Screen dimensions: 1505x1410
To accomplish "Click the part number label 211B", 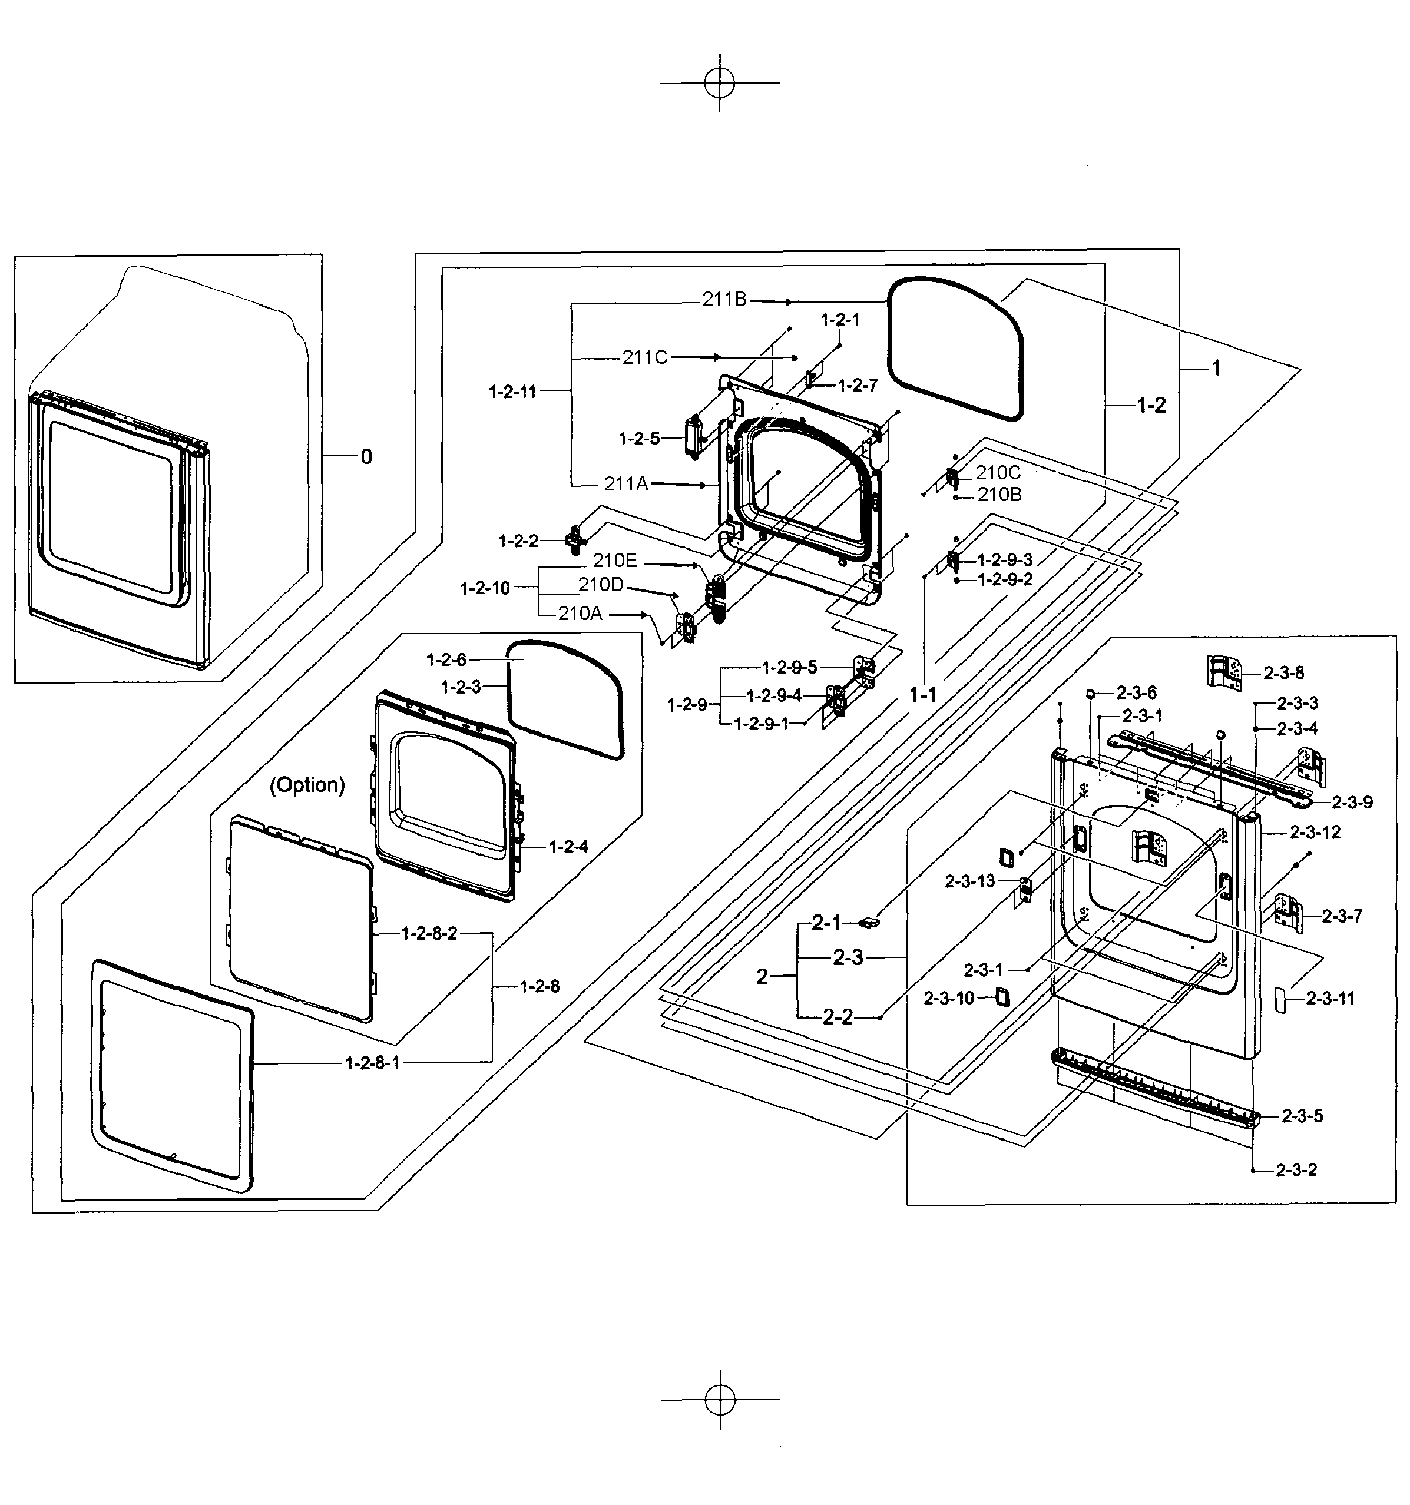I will pyautogui.click(x=724, y=299).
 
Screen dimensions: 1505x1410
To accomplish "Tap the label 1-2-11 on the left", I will pyautogui.click(x=512, y=392).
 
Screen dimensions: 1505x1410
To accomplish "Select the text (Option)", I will pyautogui.click(x=307, y=784).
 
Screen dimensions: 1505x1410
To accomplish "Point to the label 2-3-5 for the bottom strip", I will pyautogui.click(x=1302, y=1116).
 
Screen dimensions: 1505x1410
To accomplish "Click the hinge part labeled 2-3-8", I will pyautogui.click(x=1224, y=671).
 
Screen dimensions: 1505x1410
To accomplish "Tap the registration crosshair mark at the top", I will pyautogui.click(x=719, y=82).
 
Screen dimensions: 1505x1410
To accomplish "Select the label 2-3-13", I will pyautogui.click(x=970, y=881).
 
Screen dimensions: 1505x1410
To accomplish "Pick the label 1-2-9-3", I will pyautogui.click(x=1005, y=560).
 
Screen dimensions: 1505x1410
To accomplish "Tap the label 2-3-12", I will pyautogui.click(x=1315, y=833).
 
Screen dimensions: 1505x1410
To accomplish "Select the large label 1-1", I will pyautogui.click(x=923, y=694).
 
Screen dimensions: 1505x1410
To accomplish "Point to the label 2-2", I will pyautogui.click(x=838, y=1017).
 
